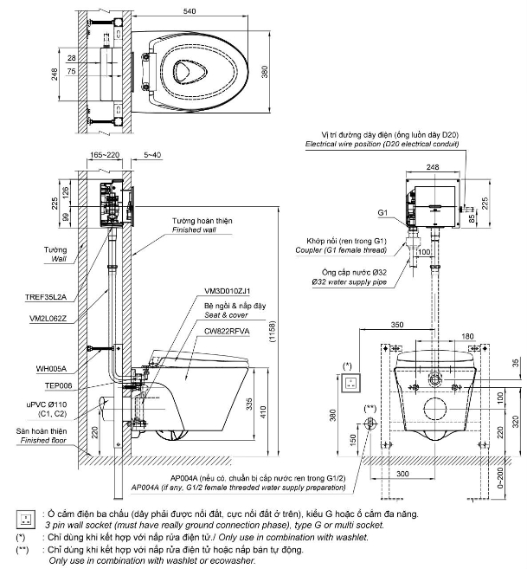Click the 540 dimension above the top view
click(190, 11)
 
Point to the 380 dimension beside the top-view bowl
click(265, 72)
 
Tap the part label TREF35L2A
click(46, 297)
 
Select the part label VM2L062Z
click(48, 319)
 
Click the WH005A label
click(51, 369)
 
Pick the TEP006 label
click(58, 385)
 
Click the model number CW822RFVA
click(227, 331)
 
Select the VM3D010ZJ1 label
click(227, 291)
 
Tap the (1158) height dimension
click(273, 331)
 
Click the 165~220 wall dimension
click(105, 155)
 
